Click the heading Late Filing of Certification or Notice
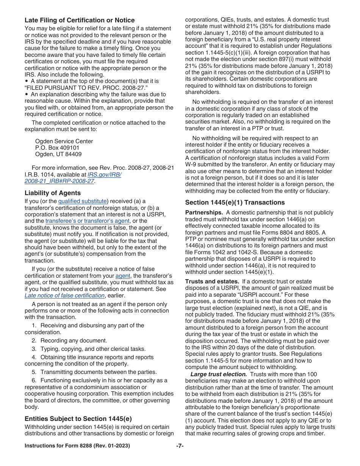[80, 20]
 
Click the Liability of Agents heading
[53, 193]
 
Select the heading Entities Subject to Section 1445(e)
[78, 419]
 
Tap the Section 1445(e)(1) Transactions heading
[235, 202]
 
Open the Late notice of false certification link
[64, 296]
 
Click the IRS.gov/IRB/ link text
[104, 175]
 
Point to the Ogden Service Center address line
[64, 141]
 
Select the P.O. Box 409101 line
[57, 148]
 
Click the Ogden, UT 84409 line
[58, 154]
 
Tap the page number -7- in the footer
[180, 446]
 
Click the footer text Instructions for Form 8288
[77, 446]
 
